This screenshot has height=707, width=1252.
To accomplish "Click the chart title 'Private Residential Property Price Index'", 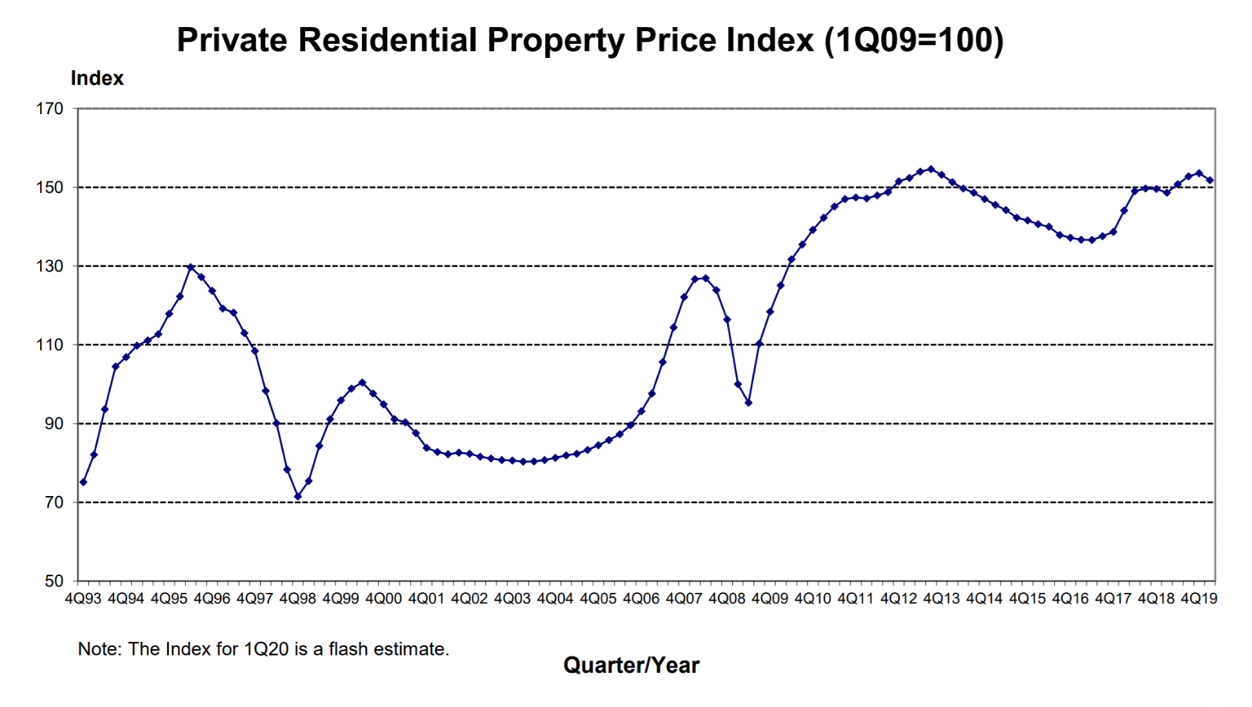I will click(589, 40).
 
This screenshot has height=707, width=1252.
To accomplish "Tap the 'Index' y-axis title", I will click(97, 78).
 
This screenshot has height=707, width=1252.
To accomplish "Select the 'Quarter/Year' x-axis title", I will click(631, 665).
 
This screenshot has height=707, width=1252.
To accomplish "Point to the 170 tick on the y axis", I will click(50, 108).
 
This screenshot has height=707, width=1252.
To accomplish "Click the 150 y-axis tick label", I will click(50, 187).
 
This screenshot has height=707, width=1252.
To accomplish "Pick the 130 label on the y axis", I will click(50, 266).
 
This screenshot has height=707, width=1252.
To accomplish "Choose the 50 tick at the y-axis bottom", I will click(53, 581).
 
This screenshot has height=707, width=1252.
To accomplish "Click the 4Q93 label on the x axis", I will click(83, 599).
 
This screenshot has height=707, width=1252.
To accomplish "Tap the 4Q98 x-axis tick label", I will click(298, 599).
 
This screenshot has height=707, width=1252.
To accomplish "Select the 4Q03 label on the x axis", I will click(512, 599).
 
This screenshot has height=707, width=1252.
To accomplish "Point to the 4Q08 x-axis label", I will click(726, 599).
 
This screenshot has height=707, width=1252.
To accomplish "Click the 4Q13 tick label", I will click(941, 599).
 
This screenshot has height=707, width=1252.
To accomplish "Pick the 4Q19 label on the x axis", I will click(1199, 599).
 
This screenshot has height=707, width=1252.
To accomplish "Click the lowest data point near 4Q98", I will click(298, 497).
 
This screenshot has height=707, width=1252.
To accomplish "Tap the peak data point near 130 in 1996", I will click(191, 267).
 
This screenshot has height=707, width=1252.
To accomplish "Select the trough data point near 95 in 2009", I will click(748, 403).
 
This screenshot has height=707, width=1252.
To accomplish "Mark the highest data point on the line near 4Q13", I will click(931, 169).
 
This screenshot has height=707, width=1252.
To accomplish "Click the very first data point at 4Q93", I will click(83, 482).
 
